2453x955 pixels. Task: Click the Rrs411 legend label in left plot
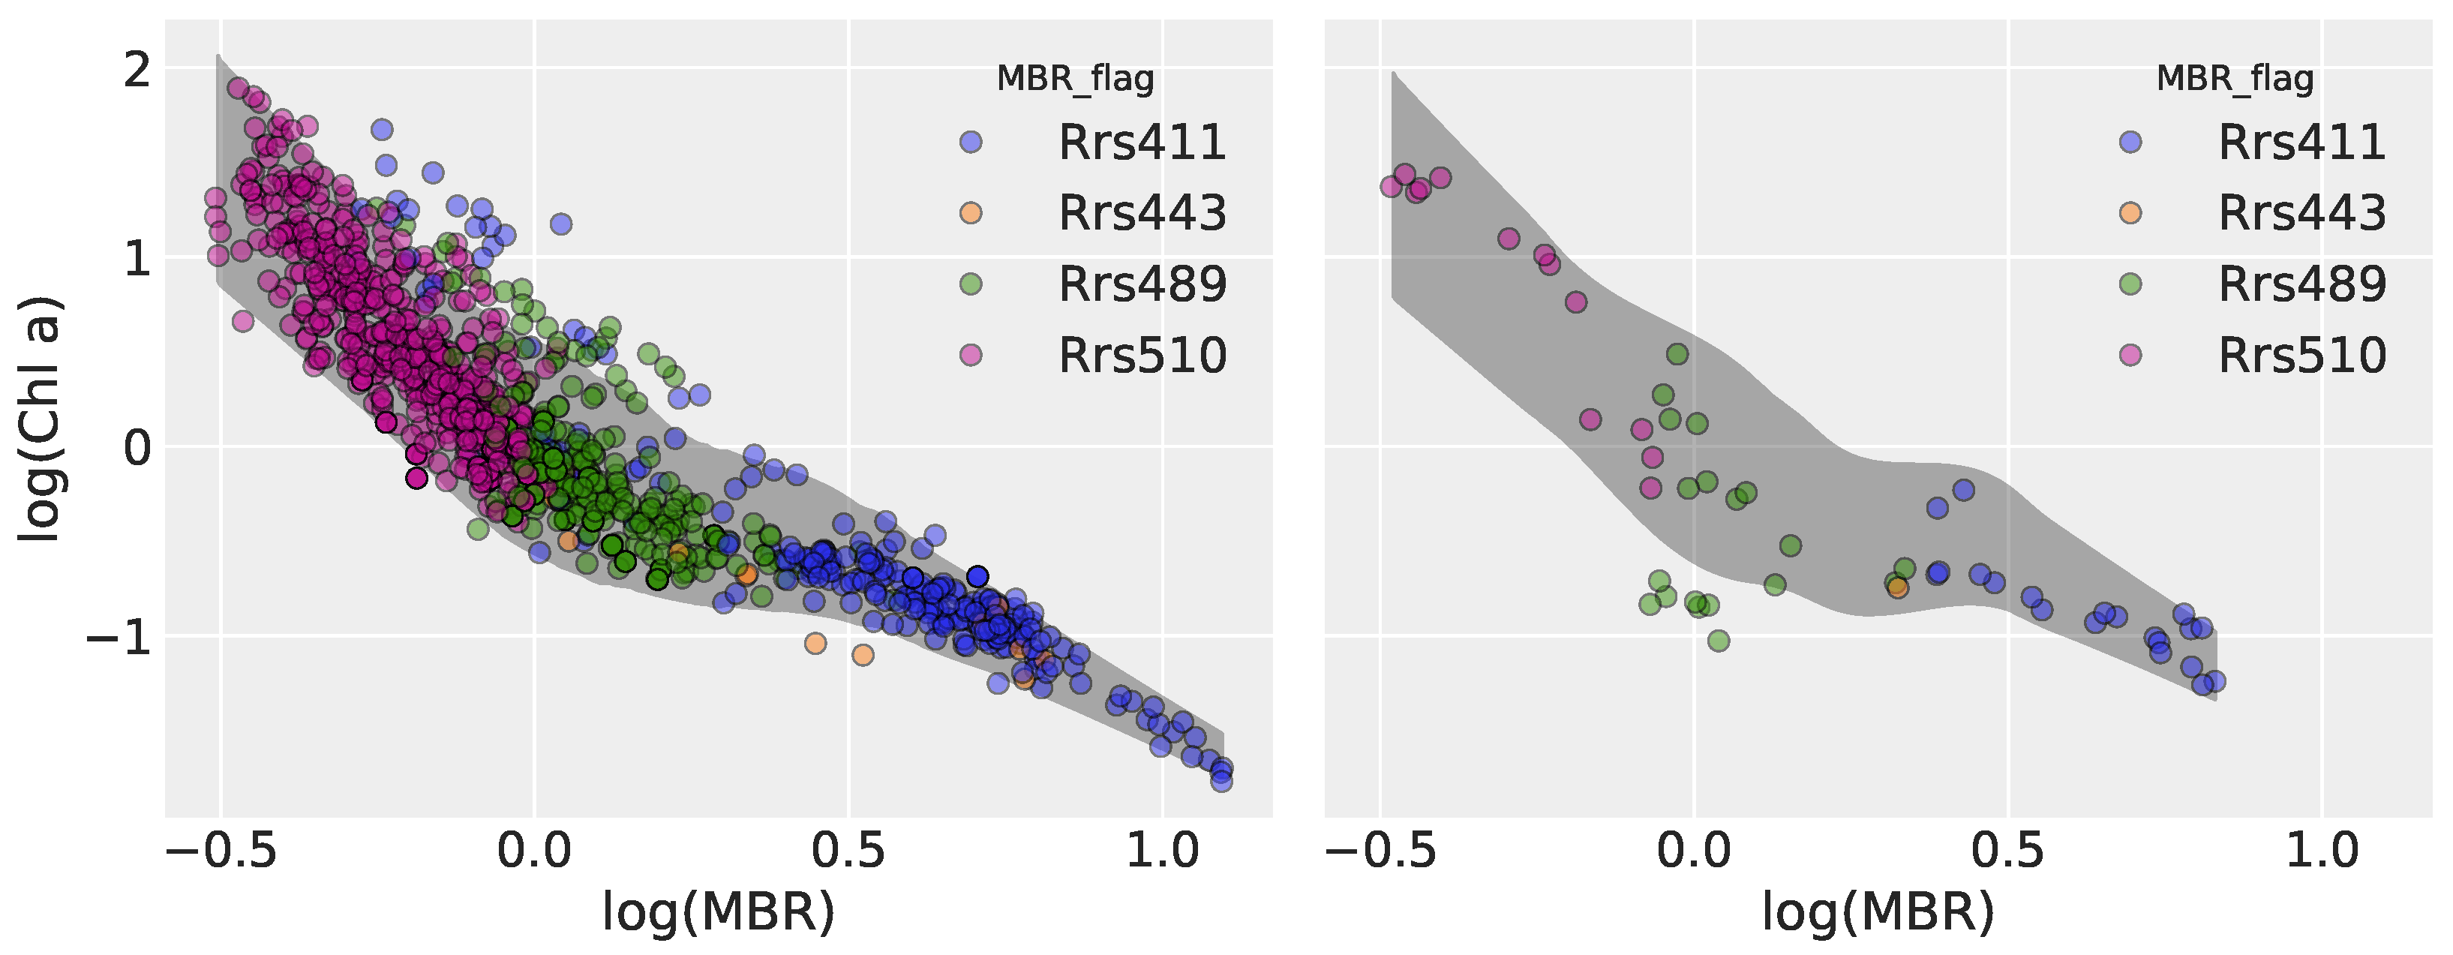1142,143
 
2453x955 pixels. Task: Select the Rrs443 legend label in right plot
2301,213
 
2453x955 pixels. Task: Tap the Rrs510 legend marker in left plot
971,355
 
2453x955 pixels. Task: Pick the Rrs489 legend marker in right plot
2130,284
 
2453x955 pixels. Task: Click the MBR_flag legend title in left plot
1074,79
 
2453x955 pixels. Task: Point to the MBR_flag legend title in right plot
2234,79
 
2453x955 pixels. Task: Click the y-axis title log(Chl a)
40,419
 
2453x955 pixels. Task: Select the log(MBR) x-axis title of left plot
718,912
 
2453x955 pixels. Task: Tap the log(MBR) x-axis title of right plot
1878,912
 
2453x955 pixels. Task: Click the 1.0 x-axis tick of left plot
1162,850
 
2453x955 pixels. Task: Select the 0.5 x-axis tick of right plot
2007,850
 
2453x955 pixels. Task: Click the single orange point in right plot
1897,587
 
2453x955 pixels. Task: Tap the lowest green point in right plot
1718,641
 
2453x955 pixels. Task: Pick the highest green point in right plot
1677,354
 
